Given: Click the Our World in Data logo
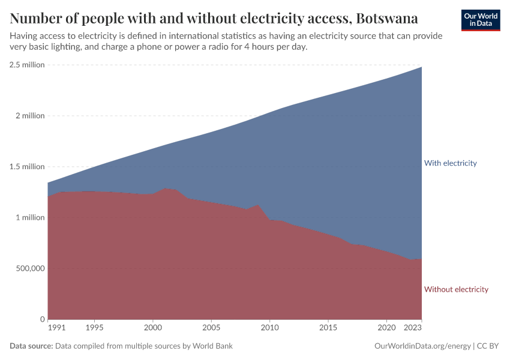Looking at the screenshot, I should tap(481, 20).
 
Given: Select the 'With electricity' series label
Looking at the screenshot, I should tap(450, 163).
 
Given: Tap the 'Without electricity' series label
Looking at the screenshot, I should tap(456, 290).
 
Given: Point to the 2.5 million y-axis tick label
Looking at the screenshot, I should tap(27, 65).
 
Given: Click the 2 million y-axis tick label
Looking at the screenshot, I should tap(29, 116).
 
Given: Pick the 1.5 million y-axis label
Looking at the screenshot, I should tap(27, 167).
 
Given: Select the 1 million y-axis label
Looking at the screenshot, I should tap(29, 217).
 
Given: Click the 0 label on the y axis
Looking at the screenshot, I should tap(42, 319).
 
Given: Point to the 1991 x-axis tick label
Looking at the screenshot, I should tap(57, 329).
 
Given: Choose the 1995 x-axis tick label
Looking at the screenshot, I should tap(94, 329).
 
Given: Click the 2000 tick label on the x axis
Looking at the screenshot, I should tap(153, 329).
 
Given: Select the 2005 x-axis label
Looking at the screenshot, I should tap(211, 329).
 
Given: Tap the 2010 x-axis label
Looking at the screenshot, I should tap(269, 329).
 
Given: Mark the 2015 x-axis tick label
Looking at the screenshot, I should tap(328, 329).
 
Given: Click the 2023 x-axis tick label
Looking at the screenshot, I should tap(413, 329).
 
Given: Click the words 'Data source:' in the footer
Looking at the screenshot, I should tap(31, 346).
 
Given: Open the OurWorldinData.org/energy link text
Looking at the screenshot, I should tap(422, 346).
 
